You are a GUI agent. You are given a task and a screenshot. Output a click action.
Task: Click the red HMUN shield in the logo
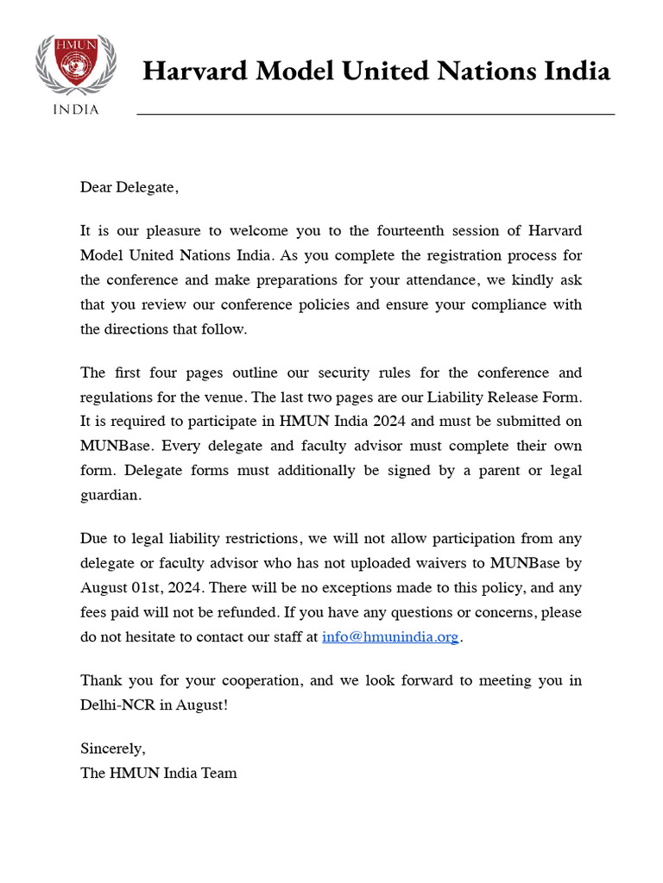coord(67,65)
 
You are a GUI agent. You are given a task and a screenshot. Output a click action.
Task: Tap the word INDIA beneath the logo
coord(76,110)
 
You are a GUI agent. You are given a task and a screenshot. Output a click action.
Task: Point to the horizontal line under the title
coord(376,114)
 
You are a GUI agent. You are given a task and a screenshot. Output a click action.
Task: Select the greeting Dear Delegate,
coord(129,187)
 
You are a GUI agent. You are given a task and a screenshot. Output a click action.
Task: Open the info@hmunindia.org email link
coord(389,637)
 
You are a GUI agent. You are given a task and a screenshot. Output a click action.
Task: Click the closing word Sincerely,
coord(113,748)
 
